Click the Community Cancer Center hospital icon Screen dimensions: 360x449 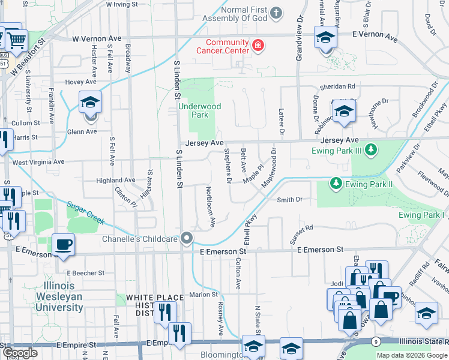pos(258,46)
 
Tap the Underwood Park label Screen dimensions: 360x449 pos(200,110)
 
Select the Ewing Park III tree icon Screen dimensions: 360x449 pos(372,149)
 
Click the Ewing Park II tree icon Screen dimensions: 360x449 pos(336,184)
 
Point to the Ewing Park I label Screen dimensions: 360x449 pos(423,215)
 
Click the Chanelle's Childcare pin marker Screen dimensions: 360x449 pos(187,239)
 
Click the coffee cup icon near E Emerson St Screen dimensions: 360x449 pos(62,245)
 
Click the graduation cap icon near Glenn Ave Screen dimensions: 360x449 pos(90,102)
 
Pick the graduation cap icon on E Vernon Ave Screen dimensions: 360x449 pos(325,38)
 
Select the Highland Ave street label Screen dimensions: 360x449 pos(116,180)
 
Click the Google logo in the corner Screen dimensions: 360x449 pos(20,353)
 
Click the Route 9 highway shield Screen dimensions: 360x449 pos(376,341)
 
